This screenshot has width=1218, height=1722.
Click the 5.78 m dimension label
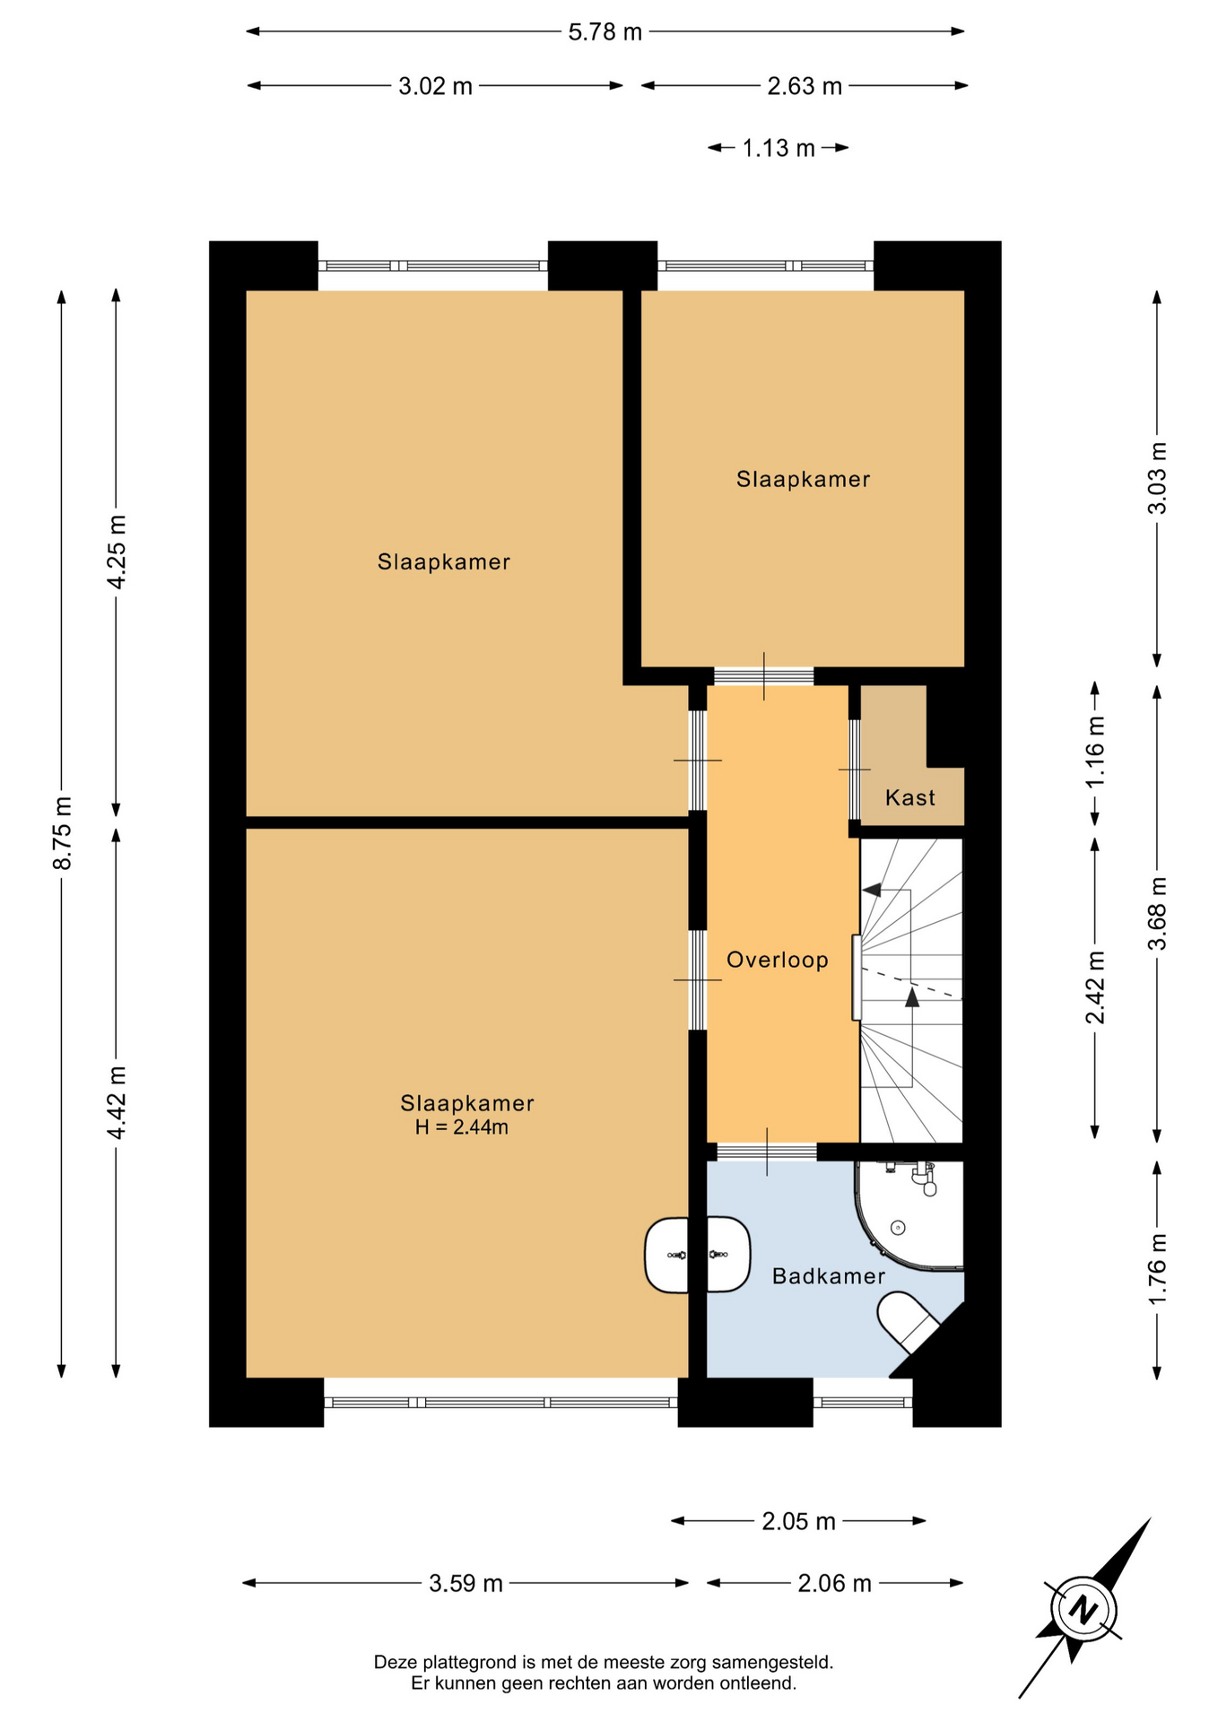pyautogui.click(x=605, y=32)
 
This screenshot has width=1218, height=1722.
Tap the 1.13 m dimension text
pyautogui.click(x=779, y=148)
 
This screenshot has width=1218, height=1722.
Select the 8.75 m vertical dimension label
pyautogui.click(x=63, y=832)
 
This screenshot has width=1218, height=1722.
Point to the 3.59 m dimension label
pyautogui.click(x=465, y=1583)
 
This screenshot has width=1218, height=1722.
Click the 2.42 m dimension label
pyautogui.click(x=1095, y=987)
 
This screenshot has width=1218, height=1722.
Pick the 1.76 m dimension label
pyautogui.click(x=1158, y=1269)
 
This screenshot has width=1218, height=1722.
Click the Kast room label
pyautogui.click(x=910, y=797)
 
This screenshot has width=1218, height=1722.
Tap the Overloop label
pyautogui.click(x=778, y=961)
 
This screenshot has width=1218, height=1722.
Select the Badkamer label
pyautogui.click(x=829, y=1275)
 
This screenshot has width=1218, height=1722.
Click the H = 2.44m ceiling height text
pyautogui.click(x=462, y=1127)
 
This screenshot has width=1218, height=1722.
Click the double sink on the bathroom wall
pyautogui.click(x=698, y=1255)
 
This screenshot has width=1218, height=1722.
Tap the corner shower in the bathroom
pyautogui.click(x=909, y=1216)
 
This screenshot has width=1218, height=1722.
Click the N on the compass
pyautogui.click(x=1084, y=1608)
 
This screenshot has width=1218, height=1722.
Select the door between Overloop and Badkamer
pyautogui.click(x=767, y=1152)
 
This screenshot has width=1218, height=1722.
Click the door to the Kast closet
pyautogui.click(x=855, y=770)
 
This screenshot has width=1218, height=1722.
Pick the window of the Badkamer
pyautogui.click(x=863, y=1402)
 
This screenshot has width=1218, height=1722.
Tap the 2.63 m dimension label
pyautogui.click(x=805, y=86)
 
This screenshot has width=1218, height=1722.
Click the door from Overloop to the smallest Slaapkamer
pyautogui.click(x=764, y=676)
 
